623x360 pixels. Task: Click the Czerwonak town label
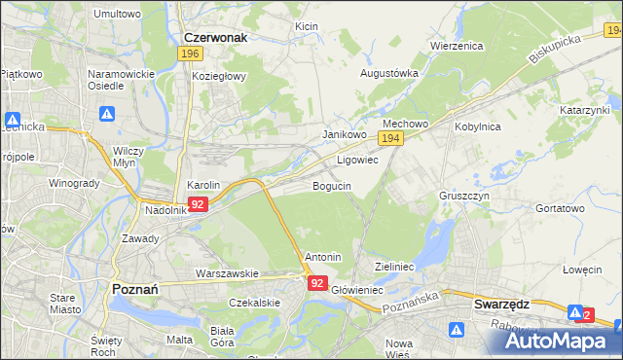tap(215, 37)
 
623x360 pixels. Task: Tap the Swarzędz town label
tap(501, 304)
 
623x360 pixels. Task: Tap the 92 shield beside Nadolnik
tap(198, 204)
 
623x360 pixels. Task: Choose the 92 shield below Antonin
tap(318, 282)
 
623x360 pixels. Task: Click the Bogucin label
tap(331, 185)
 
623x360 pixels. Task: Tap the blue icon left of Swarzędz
tap(457, 331)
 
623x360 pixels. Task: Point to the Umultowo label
tap(117, 15)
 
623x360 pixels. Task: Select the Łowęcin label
tap(582, 270)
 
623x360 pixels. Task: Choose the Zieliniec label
tap(395, 266)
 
